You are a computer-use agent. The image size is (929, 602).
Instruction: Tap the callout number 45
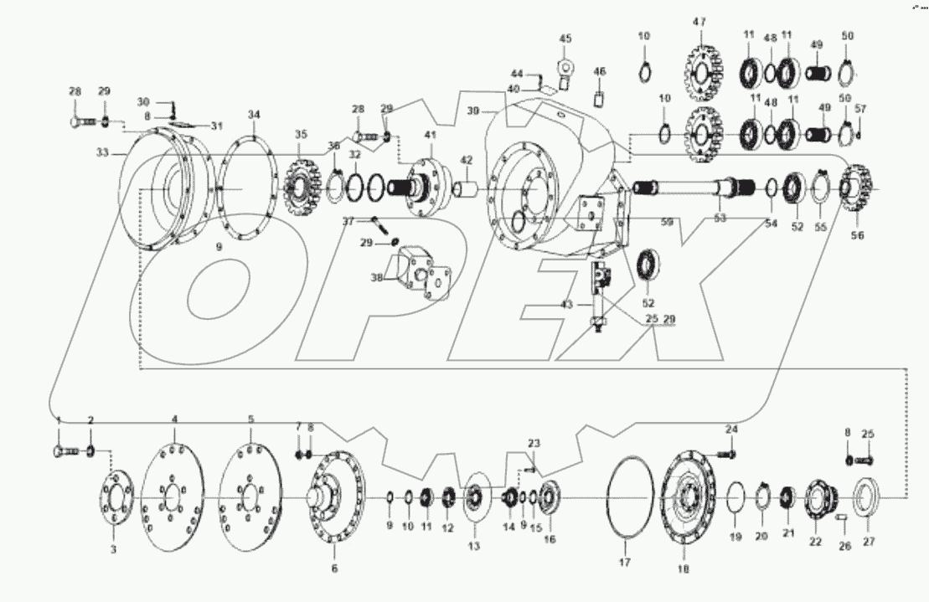tap(565, 39)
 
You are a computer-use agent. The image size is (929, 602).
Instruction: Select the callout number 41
tap(429, 135)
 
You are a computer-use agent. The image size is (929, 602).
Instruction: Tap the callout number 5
tap(250, 418)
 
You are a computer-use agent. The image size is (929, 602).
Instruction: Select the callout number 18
tap(682, 569)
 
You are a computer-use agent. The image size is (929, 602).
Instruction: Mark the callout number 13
tap(474, 545)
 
